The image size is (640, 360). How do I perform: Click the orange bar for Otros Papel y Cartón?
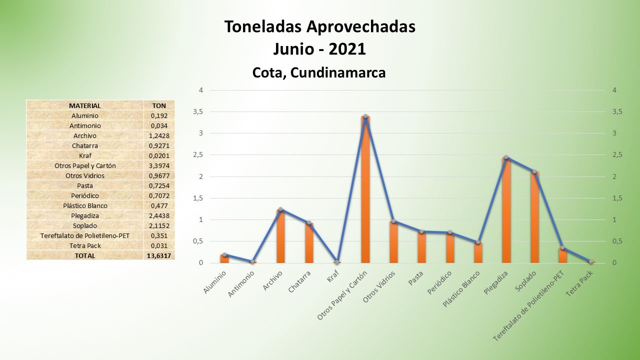365,190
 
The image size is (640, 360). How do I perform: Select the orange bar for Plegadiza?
506,210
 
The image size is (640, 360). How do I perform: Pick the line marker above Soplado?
534,171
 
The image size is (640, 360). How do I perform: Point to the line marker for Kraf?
337,262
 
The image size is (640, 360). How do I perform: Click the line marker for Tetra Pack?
591,261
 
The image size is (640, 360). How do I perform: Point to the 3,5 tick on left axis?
198,112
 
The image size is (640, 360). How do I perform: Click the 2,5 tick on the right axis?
617,155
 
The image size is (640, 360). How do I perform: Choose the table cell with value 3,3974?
158,165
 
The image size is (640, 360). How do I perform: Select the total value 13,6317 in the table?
158,255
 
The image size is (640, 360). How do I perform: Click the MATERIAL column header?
84,105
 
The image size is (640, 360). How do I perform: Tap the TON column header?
158,105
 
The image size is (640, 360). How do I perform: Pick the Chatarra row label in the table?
84,145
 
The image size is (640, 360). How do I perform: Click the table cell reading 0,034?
158,125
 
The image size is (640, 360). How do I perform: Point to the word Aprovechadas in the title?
356,27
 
